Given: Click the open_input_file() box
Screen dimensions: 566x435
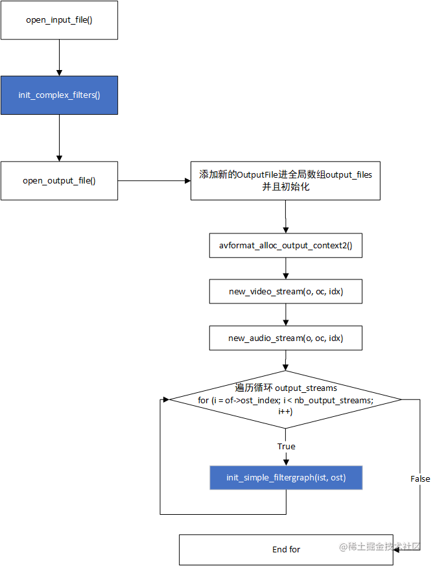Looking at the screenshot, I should click(59, 19).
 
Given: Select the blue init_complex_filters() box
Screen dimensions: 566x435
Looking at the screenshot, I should click(59, 95).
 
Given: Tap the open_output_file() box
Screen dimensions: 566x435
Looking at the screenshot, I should click(59, 180).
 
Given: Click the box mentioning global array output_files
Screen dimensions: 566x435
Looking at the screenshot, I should click(285, 181).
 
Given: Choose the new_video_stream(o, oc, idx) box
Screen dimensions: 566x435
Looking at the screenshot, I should click(285, 292).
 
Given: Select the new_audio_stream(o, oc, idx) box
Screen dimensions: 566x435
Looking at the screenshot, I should click(285, 338).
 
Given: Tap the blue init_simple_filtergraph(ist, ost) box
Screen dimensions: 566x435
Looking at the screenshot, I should click(285, 478).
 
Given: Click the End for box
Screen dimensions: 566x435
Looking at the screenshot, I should click(285, 549).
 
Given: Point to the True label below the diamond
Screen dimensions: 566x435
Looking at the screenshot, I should click(286, 447).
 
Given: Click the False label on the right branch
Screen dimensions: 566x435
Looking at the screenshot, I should click(420, 478).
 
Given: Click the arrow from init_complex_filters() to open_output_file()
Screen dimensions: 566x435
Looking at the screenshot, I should click(59, 137).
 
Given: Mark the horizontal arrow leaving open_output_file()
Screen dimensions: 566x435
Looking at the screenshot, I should click(154, 181).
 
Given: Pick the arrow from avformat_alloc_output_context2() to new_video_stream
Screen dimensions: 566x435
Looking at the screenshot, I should click(285, 269).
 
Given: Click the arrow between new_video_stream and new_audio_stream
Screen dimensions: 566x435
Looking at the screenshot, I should click(285, 315).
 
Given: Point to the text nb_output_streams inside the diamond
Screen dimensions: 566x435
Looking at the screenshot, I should click(338, 401).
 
